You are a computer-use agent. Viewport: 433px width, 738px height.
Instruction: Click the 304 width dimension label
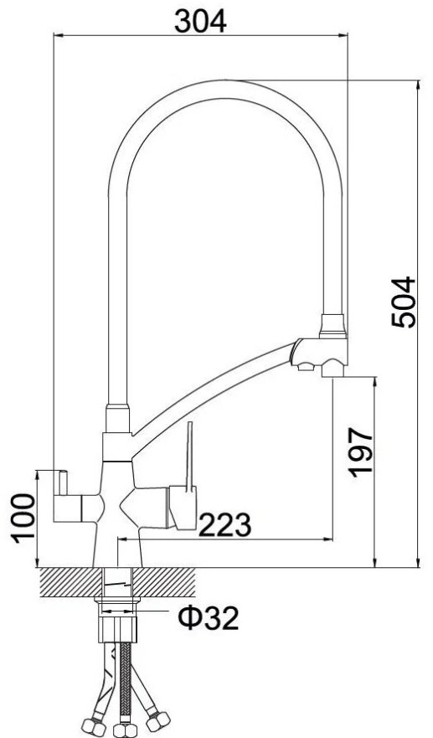200,22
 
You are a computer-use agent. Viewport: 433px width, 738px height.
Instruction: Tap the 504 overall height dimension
404,302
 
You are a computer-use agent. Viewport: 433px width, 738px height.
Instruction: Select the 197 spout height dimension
361,452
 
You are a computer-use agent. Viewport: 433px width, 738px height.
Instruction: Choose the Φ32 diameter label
208,618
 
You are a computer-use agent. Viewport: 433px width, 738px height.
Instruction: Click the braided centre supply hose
124,683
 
